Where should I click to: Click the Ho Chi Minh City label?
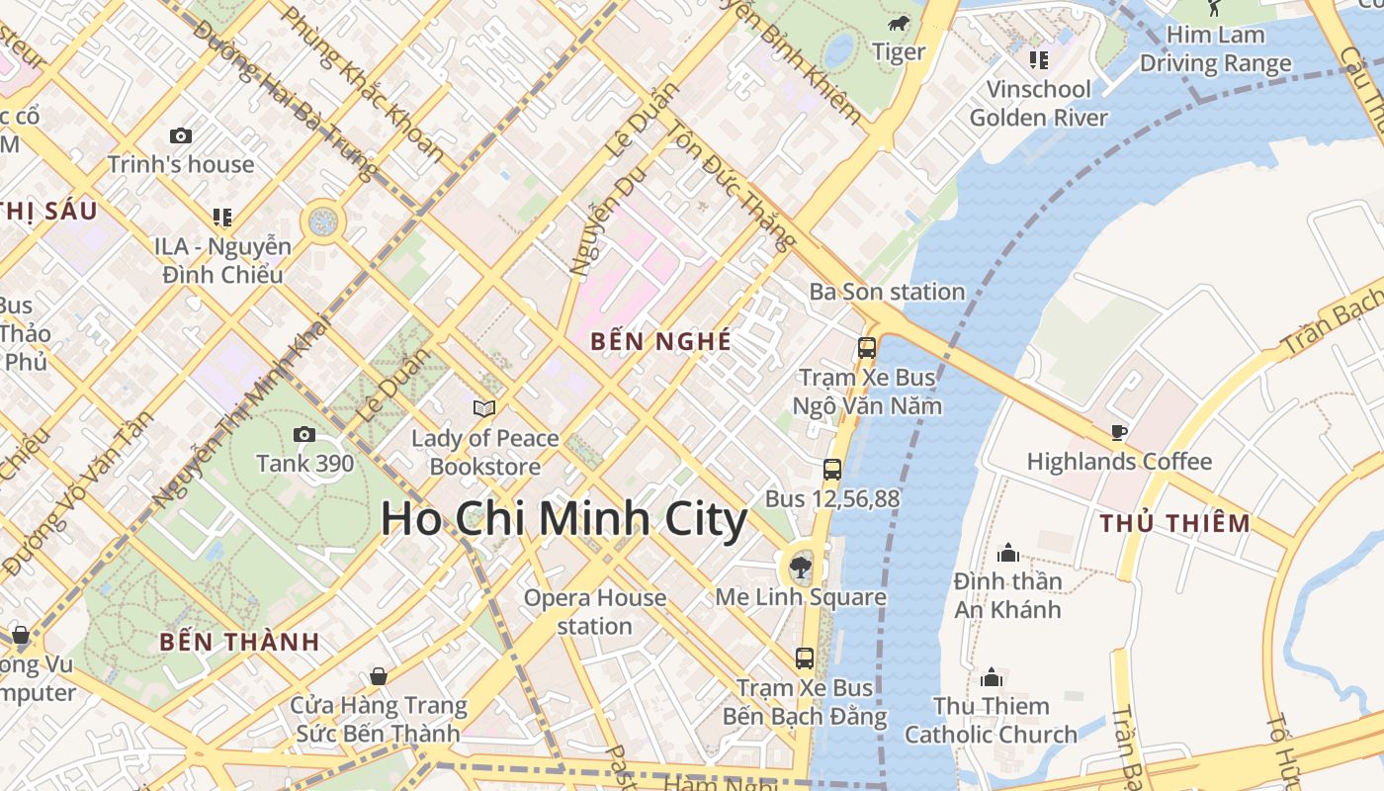click(x=563, y=520)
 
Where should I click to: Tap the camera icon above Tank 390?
click(x=304, y=434)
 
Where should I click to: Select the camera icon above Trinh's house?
click(x=181, y=135)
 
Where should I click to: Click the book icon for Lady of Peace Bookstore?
click(x=484, y=407)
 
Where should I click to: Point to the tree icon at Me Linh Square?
click(x=801, y=568)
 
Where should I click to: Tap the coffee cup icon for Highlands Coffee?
click(x=1118, y=432)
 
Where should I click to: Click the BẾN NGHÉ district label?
click(x=660, y=341)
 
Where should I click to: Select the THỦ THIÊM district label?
click(x=1175, y=523)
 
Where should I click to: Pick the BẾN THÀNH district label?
click(x=239, y=642)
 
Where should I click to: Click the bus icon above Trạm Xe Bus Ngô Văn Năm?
click(x=867, y=348)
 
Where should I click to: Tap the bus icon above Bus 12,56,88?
click(x=832, y=470)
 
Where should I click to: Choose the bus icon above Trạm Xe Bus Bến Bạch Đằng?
click(x=805, y=658)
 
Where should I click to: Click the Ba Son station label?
click(x=887, y=292)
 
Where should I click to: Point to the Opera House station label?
click(x=594, y=612)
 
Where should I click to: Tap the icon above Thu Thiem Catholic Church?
click(x=992, y=677)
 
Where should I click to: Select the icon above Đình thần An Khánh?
click(x=1008, y=552)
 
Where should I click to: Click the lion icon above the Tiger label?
click(x=898, y=24)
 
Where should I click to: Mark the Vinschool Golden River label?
click(x=1038, y=103)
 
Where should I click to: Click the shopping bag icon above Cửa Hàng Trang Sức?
click(x=378, y=676)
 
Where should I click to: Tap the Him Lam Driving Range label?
click(x=1215, y=48)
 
